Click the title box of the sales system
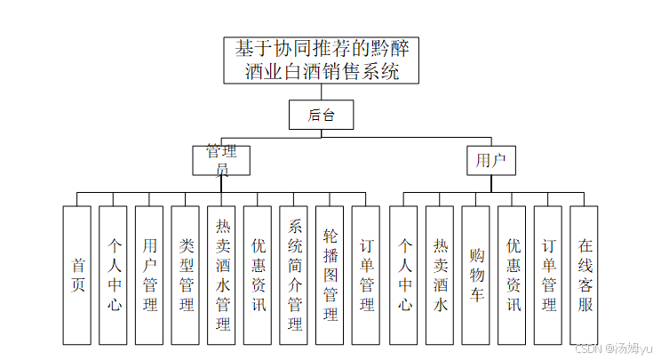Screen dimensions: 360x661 323,60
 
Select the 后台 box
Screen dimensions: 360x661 320,114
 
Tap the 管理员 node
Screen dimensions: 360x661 221,160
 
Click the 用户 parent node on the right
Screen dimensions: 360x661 491,160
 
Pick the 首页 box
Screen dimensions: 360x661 77,275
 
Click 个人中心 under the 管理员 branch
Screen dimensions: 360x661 114,275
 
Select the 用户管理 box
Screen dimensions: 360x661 149,275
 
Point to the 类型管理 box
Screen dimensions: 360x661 186,275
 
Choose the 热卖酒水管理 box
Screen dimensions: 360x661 222,275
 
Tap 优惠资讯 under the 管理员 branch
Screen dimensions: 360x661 258,275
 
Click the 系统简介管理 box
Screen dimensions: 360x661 294,275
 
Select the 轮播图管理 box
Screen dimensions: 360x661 330,275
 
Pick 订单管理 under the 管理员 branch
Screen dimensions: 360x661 366,275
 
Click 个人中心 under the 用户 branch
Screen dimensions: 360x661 403,275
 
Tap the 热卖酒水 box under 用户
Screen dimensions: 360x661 440,275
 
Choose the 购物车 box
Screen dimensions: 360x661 475,275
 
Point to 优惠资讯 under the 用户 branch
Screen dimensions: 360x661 512,275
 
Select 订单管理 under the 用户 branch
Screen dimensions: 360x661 548,275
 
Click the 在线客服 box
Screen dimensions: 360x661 584,275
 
